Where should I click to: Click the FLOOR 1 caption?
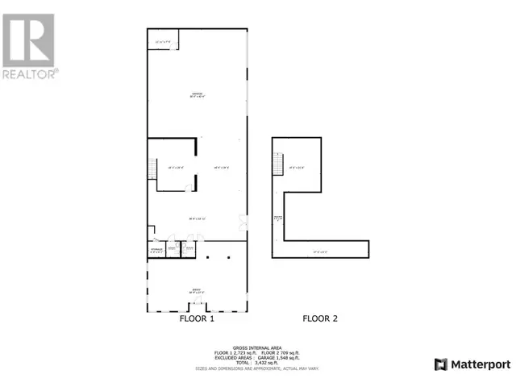pos(196,318)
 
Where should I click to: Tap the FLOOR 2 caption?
pos(319,318)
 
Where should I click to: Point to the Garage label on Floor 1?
pos(196,95)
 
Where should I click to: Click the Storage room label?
pos(156,251)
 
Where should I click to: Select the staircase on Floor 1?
pos(152,169)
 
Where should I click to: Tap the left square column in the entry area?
pos(208,258)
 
